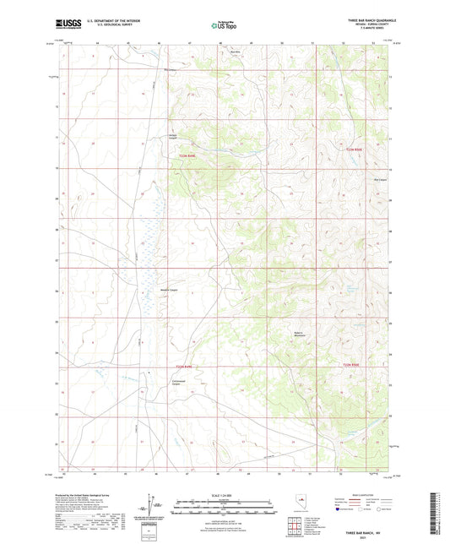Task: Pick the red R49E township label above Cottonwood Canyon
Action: point(185,366)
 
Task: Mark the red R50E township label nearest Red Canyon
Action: point(355,150)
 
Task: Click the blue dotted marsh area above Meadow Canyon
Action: point(152,245)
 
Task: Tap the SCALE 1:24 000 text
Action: point(224,495)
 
